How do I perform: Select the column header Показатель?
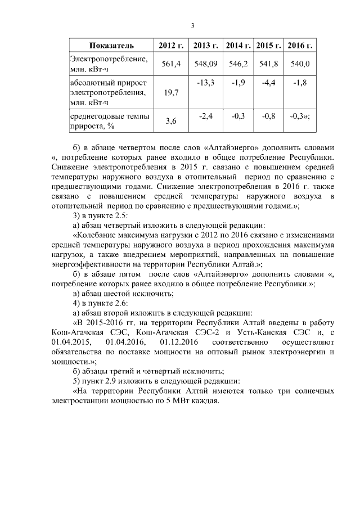pyautogui.click(x=111, y=45)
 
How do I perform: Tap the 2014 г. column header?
pyautogui.click(x=238, y=45)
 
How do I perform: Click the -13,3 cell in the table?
pyautogui.click(x=206, y=83)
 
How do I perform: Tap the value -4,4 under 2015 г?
pyautogui.click(x=268, y=83)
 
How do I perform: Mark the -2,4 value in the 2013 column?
pyautogui.click(x=206, y=116)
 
